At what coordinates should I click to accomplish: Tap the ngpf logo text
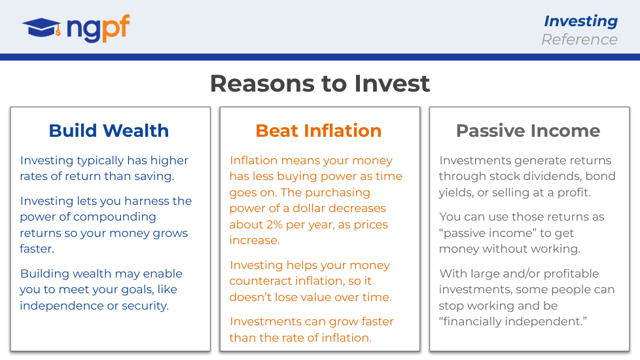(x=98, y=28)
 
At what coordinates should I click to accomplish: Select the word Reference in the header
(x=579, y=39)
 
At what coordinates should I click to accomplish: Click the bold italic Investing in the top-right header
(x=580, y=21)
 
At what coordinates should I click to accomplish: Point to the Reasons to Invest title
(x=320, y=84)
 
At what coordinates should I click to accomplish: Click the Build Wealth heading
(x=109, y=131)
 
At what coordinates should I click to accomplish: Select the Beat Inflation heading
(x=319, y=131)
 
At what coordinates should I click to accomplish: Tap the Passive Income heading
(x=528, y=131)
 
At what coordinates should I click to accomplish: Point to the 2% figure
(x=274, y=225)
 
